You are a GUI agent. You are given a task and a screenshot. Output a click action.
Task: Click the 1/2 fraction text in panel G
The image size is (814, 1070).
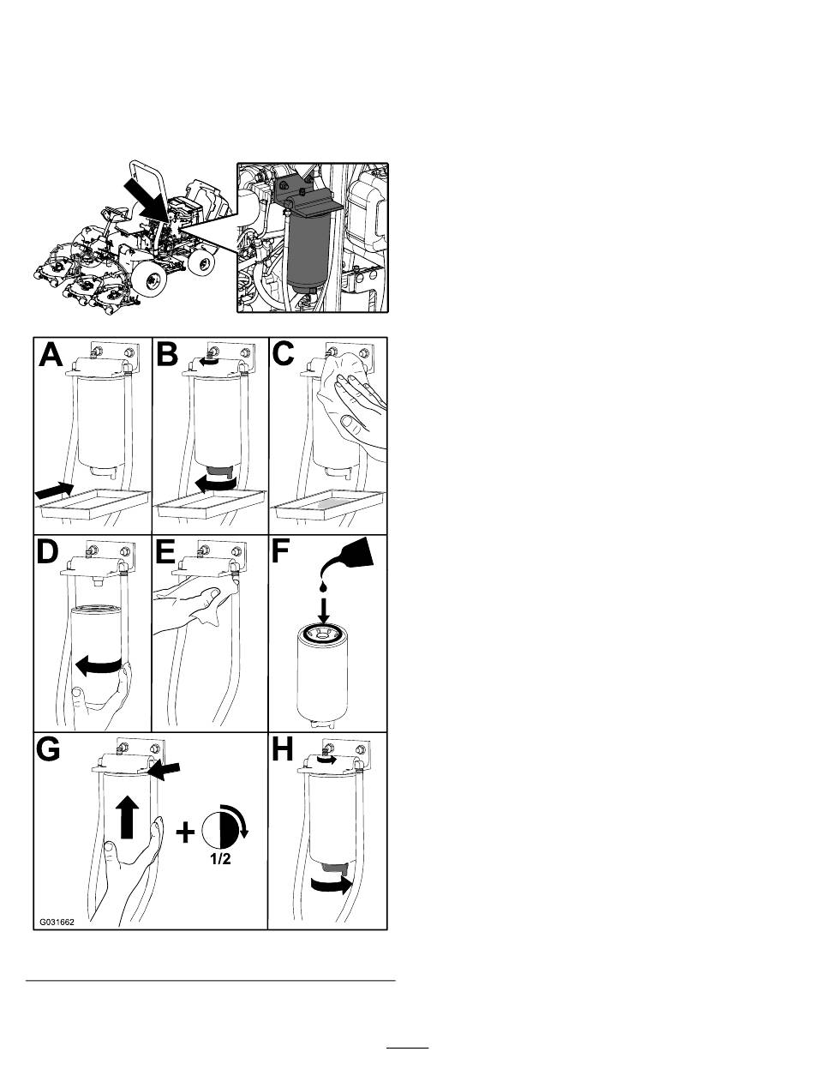[x=218, y=859]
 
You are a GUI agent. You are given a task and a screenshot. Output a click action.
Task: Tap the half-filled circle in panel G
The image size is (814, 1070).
[x=218, y=827]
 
